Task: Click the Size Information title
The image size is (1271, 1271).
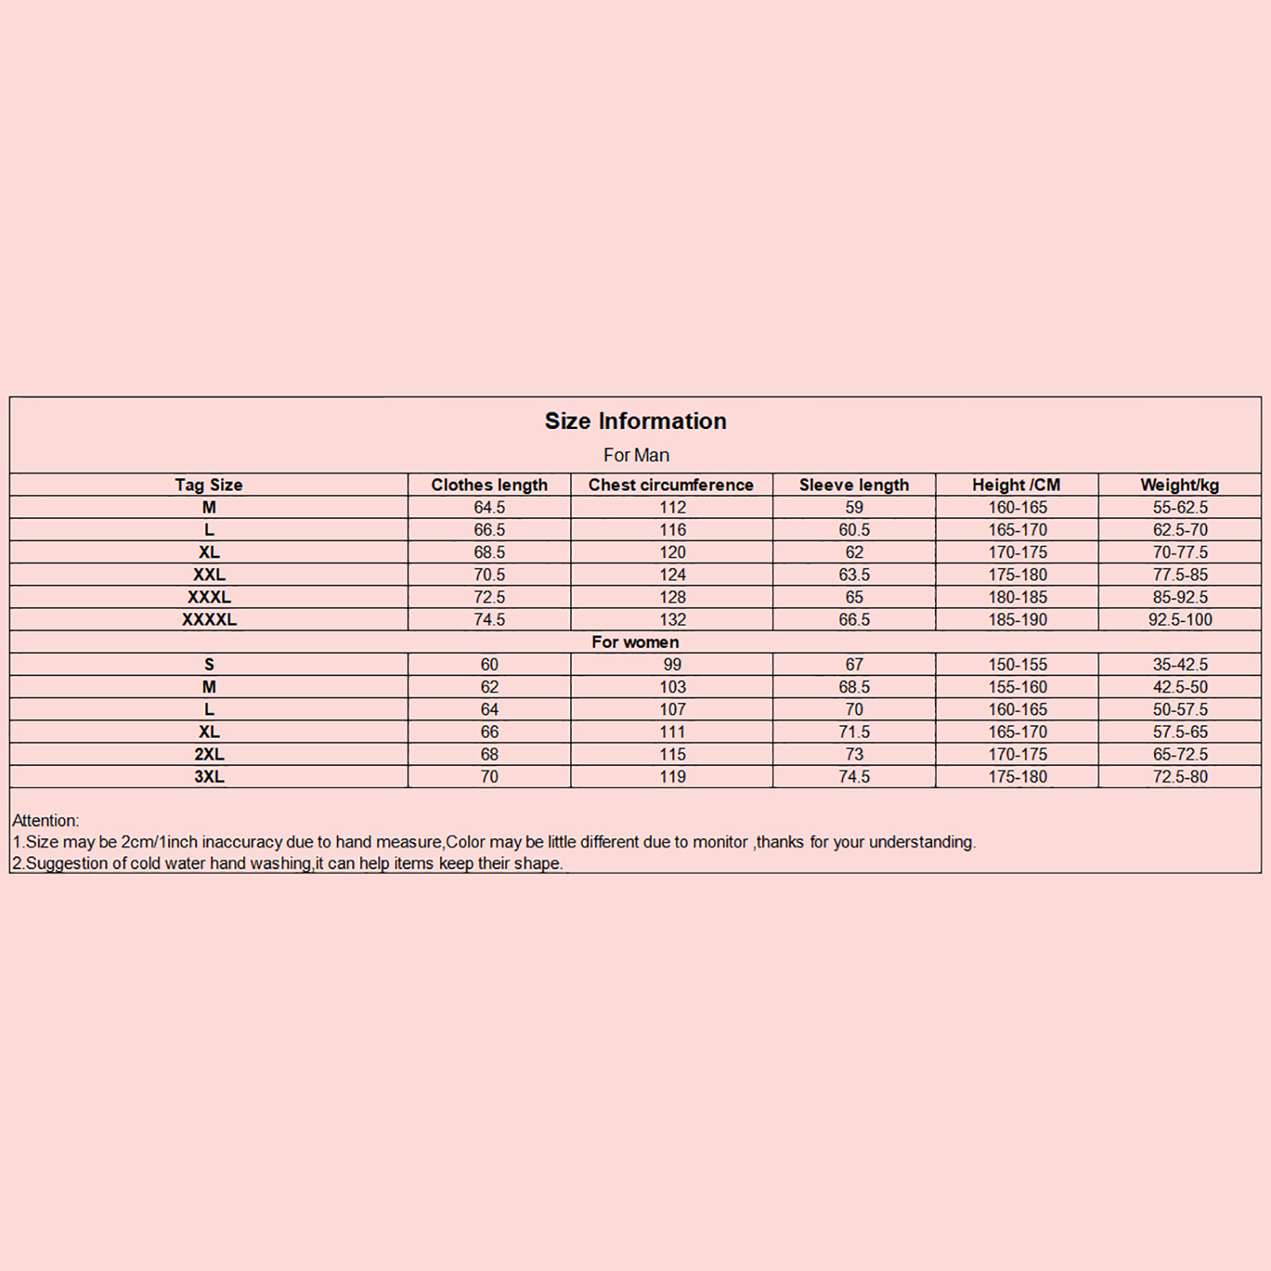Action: pyautogui.click(x=635, y=421)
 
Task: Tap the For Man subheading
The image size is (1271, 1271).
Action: pyautogui.click(x=636, y=455)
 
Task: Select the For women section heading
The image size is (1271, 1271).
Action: pyautogui.click(x=635, y=642)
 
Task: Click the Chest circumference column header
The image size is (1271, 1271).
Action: pyautogui.click(x=671, y=485)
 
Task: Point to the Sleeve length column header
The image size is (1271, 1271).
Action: pyautogui.click(x=854, y=485)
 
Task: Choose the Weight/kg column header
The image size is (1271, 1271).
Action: pyautogui.click(x=1180, y=485)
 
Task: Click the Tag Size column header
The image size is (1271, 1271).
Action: pyautogui.click(x=209, y=485)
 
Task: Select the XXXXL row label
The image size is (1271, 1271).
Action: pyautogui.click(x=209, y=620)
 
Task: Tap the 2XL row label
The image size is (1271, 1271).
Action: pyautogui.click(x=209, y=754)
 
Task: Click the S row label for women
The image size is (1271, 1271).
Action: pyautogui.click(x=209, y=664)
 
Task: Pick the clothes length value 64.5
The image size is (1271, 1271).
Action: pyautogui.click(x=489, y=507)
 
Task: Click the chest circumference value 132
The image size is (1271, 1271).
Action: pyautogui.click(x=672, y=620)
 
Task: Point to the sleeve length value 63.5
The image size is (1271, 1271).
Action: pyautogui.click(x=854, y=574)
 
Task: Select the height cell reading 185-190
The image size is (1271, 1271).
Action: pyautogui.click(x=1018, y=620)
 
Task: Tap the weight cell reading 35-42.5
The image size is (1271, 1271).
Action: pyautogui.click(x=1180, y=664)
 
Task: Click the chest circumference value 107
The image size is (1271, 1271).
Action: pyautogui.click(x=672, y=709)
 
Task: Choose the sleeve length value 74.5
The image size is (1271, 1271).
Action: pyautogui.click(x=854, y=776)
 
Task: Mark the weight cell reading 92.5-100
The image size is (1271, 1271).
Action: pyautogui.click(x=1180, y=620)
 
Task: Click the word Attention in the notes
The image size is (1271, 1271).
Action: pyautogui.click(x=45, y=821)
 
